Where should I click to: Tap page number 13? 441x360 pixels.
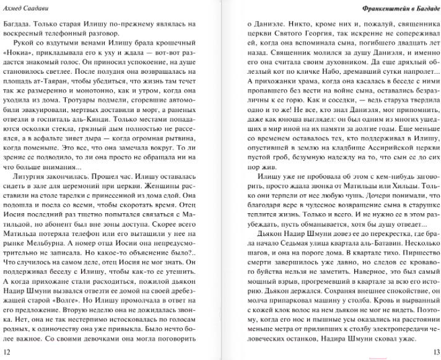433,353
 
